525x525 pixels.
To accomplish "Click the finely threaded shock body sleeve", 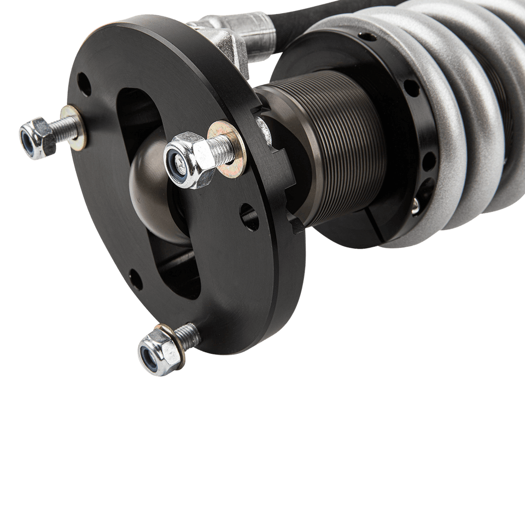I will pyautogui.click(x=334, y=148).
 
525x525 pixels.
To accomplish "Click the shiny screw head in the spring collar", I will pyautogui.click(x=417, y=205).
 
